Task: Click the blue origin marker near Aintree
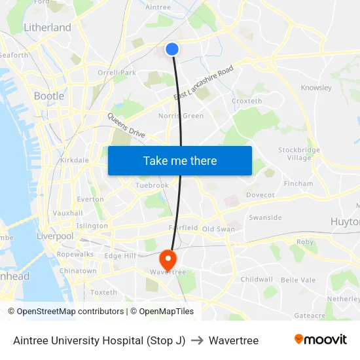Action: (x=172, y=49)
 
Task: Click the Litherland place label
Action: (x=47, y=27)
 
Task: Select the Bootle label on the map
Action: (x=49, y=96)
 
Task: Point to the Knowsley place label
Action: (x=316, y=88)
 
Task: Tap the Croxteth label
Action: (x=247, y=101)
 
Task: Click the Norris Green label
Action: (x=181, y=116)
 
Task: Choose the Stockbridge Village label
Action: (x=299, y=154)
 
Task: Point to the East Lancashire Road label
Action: (x=204, y=83)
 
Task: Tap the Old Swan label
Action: (x=218, y=229)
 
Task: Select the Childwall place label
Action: (x=257, y=279)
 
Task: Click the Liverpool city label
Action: (x=55, y=236)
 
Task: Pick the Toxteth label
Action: (x=103, y=292)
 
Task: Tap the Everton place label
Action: (x=90, y=199)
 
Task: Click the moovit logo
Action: (x=320, y=340)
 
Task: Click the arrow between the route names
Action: (x=197, y=340)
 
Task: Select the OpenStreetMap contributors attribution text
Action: (x=65, y=312)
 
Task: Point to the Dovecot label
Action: (x=260, y=195)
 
